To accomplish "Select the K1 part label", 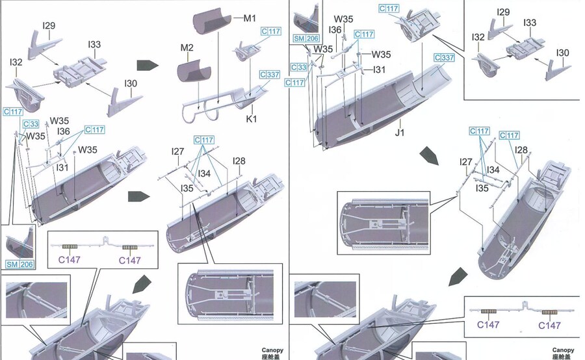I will [x=252, y=119].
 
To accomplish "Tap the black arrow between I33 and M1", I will [x=148, y=65].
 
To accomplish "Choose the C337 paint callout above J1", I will [x=443, y=58].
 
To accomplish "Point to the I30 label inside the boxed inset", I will [x=563, y=53].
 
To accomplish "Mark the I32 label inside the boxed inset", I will [x=478, y=38].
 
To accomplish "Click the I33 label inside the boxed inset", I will [x=530, y=23].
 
